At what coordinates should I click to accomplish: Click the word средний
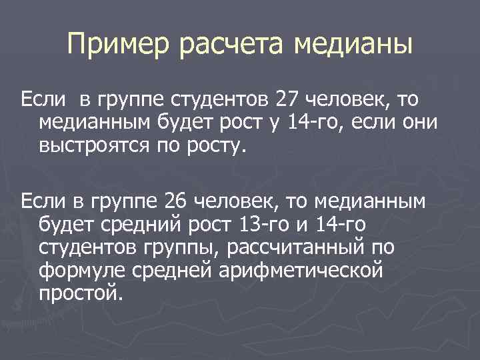138,225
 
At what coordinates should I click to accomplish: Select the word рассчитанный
297,249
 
